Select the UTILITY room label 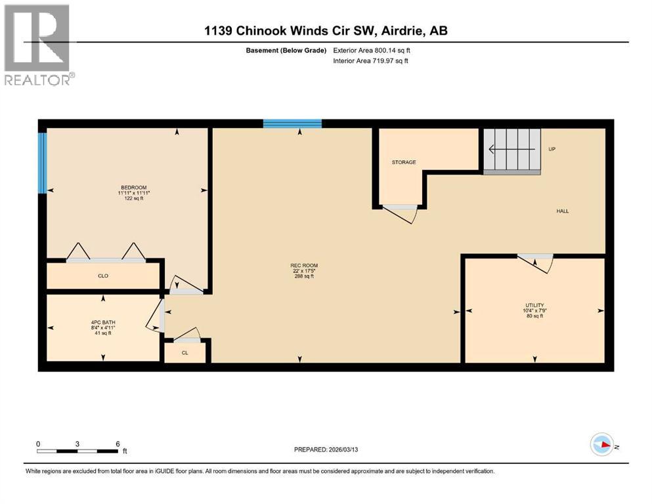pyautogui.click(x=534, y=305)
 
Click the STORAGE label pyautogui.click(x=404, y=162)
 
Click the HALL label pyautogui.click(x=563, y=211)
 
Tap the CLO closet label pyautogui.click(x=103, y=276)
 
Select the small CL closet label pyautogui.click(x=185, y=353)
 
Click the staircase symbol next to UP pyautogui.click(x=512, y=151)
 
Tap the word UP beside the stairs pyautogui.click(x=552, y=149)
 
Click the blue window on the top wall pyautogui.click(x=292, y=123)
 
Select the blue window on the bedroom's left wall pyautogui.click(x=42, y=163)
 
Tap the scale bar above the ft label pyautogui.click(x=77, y=451)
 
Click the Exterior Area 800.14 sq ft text pyautogui.click(x=372, y=50)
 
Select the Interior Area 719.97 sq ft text pyautogui.click(x=372, y=61)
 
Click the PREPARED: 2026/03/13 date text pyautogui.click(x=336, y=450)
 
